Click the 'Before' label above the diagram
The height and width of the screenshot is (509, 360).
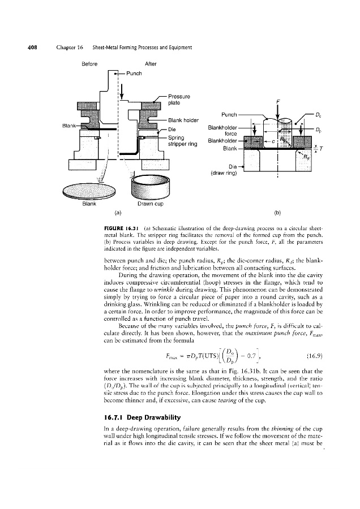91,64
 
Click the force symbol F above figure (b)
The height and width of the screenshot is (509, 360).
278,102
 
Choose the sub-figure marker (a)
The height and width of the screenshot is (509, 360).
117,213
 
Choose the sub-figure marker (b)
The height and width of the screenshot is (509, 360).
278,213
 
